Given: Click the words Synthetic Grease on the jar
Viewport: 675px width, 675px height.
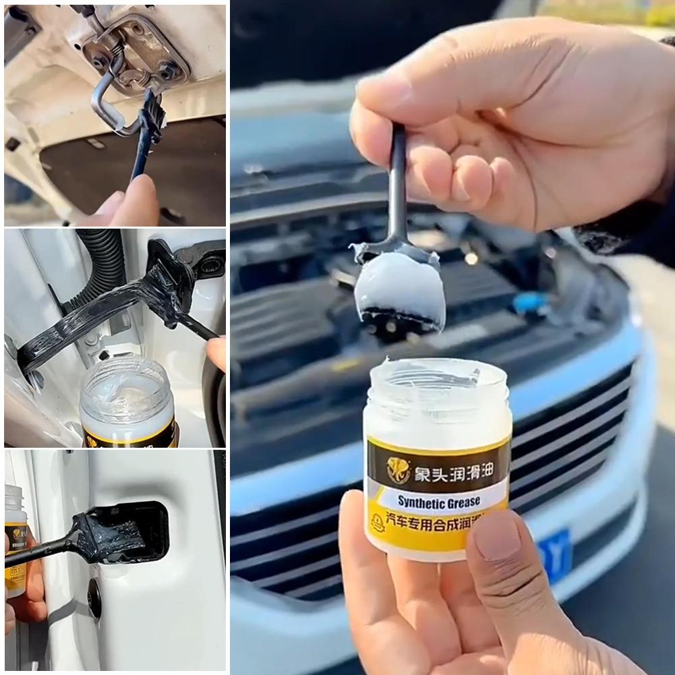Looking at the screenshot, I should [x=438, y=501].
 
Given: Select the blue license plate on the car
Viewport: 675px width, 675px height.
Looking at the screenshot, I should [x=554, y=554].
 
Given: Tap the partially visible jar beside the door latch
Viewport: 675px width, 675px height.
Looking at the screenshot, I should [x=15, y=539].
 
